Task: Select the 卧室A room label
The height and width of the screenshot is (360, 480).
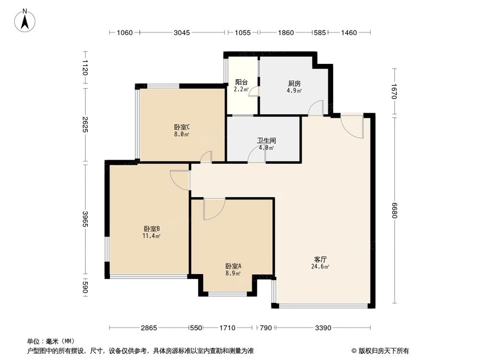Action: [233, 266]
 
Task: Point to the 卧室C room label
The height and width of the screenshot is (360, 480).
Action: [182, 127]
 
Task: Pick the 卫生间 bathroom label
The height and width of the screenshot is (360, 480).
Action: [265, 141]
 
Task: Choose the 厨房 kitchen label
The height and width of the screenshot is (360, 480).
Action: [294, 84]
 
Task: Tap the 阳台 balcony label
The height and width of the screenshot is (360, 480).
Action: [241, 82]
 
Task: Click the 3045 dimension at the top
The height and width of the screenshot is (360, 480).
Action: [182, 33]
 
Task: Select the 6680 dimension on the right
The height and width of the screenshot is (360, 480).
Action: [395, 210]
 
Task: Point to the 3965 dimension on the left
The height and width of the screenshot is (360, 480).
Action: [85, 220]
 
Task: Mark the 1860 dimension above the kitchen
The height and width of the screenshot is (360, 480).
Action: [286, 33]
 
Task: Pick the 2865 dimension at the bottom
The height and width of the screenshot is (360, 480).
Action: [149, 328]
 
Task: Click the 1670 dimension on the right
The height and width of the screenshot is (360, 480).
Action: [395, 91]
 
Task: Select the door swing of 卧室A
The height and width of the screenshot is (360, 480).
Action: [214, 209]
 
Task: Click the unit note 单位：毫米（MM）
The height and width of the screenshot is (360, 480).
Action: [49, 341]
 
